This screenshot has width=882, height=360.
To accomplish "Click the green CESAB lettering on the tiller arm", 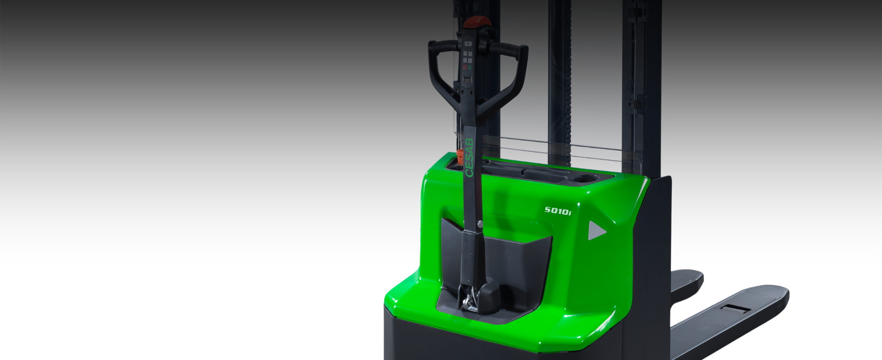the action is point(470,157).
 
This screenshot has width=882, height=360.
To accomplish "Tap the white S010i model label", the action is point(558,210).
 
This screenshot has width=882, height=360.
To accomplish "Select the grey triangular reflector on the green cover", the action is point(597,230).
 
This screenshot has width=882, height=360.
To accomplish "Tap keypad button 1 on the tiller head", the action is point(465,54).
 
